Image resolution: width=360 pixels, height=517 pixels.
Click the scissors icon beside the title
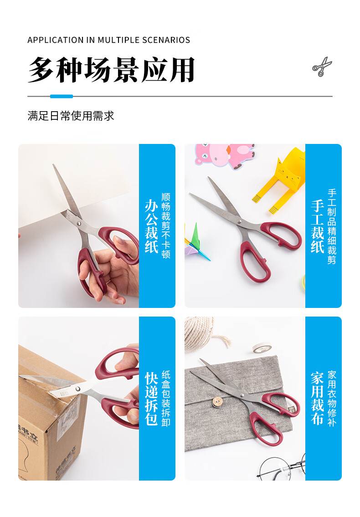click(322, 67)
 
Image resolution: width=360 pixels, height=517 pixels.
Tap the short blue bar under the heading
click(62, 96)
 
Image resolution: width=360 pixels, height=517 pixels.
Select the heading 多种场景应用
click(112, 70)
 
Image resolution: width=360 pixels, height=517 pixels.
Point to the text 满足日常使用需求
click(71, 116)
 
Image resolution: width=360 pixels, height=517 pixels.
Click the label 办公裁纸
click(151, 226)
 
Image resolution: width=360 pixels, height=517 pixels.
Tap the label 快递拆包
click(151, 399)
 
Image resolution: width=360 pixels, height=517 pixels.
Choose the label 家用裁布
click(318, 399)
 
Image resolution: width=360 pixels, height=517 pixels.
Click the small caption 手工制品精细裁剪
click(332, 226)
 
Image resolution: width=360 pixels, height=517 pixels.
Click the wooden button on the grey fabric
click(217, 402)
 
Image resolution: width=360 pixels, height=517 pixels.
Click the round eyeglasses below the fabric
click(282, 468)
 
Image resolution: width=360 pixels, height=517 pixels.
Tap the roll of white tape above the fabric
click(262, 348)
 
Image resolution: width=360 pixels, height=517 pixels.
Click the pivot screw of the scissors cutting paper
click(79, 224)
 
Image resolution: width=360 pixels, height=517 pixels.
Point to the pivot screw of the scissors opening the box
click(78, 389)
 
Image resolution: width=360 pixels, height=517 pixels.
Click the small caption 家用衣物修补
click(332, 399)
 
